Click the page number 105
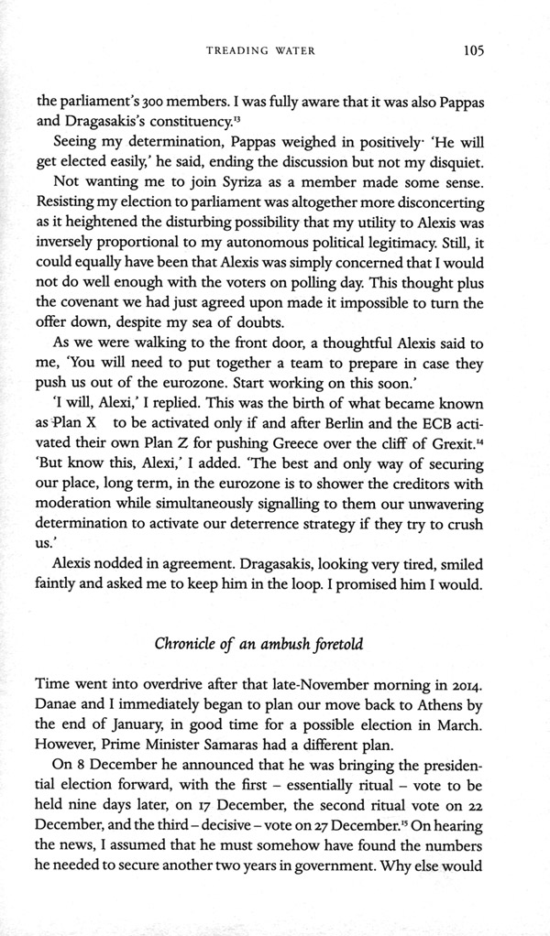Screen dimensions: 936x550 coord(472,50)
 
